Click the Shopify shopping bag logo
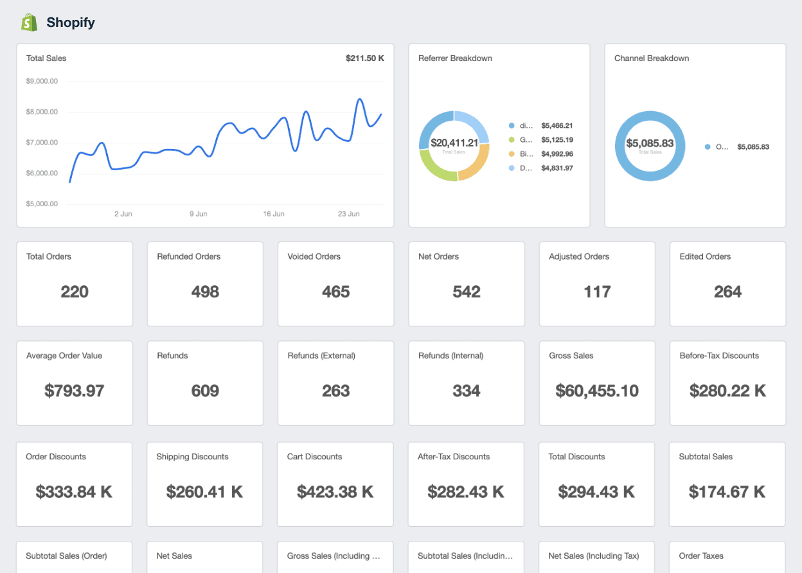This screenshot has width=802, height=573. point(29,22)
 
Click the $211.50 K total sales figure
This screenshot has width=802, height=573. point(364,58)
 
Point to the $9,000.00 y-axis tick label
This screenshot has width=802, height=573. point(42,81)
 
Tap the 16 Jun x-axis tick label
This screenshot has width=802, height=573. point(274,214)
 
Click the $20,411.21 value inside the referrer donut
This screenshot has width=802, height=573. point(454,143)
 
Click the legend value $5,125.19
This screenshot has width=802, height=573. point(557,140)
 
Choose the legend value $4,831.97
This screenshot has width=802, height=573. point(557,168)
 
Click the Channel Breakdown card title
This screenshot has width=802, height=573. point(651,58)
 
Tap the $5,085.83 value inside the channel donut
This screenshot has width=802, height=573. point(650,143)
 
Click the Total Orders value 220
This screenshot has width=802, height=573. point(75,292)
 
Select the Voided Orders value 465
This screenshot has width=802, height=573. point(335,292)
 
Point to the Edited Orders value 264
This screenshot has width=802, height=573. point(727,292)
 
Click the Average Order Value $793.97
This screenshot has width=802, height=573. point(75,391)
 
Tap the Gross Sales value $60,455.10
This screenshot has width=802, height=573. point(597,391)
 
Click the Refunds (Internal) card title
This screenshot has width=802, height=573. point(450,356)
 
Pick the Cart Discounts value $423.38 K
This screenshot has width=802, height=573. point(335,492)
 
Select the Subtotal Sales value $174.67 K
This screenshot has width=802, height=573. point(727,492)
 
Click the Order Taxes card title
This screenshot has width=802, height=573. point(700,556)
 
